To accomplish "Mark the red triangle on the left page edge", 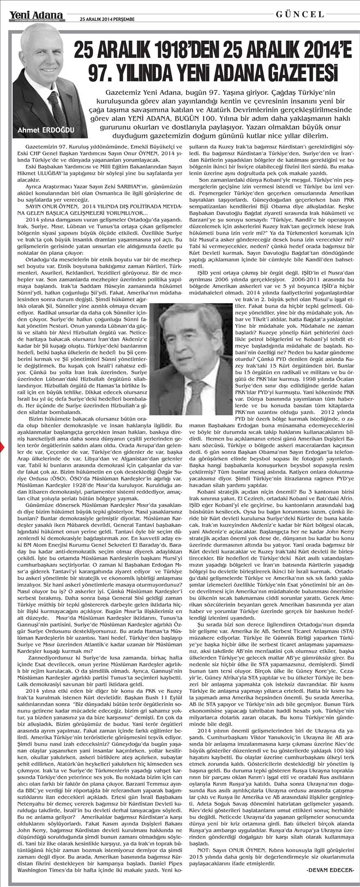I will [2, 447].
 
